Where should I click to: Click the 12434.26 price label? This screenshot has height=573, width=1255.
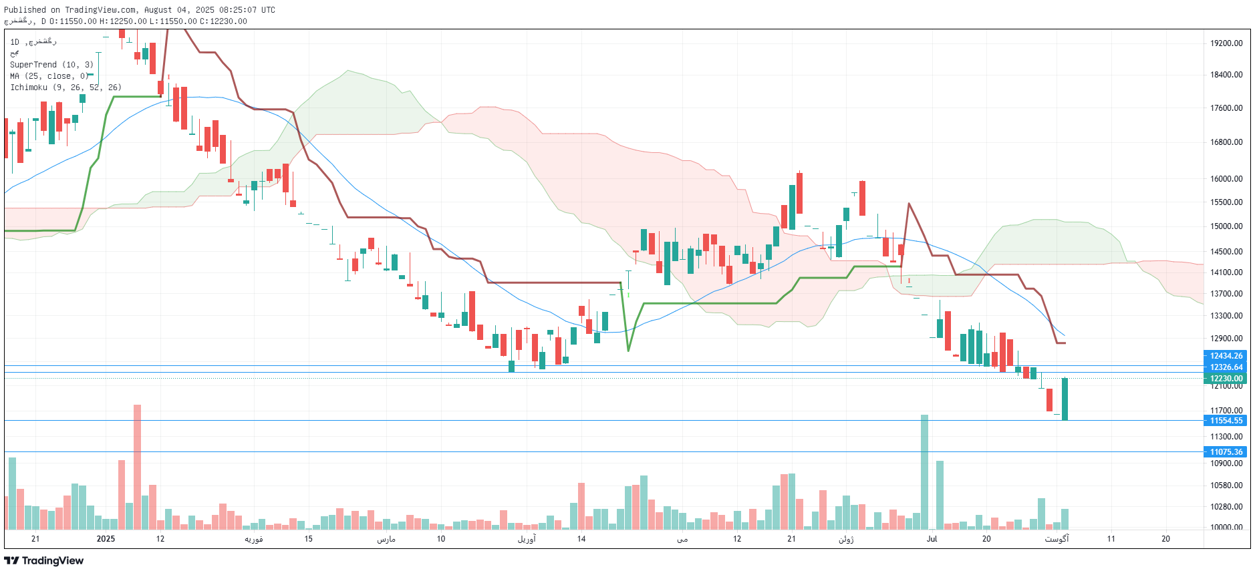coord(1226,356)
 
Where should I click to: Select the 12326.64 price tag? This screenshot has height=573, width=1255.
coord(1226,367)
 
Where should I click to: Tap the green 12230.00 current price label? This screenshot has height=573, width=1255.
coord(1226,379)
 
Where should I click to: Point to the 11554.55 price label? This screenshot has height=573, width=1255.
coord(1226,421)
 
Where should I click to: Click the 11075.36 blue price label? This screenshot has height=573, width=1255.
coord(1226,452)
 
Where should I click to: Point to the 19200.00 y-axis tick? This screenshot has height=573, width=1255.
coord(1226,43)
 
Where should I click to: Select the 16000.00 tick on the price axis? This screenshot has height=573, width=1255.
coord(1226,179)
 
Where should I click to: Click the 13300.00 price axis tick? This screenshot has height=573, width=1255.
coord(1226,316)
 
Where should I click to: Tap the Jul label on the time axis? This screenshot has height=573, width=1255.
coord(932,539)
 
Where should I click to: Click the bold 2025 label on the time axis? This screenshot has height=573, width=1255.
coord(106,539)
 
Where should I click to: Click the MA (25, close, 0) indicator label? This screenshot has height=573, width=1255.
coord(49,76)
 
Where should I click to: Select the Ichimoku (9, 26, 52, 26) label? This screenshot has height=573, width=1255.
coord(65,87)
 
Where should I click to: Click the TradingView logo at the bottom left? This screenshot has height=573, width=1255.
coord(44,560)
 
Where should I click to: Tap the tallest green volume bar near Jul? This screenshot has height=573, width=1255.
coord(924,471)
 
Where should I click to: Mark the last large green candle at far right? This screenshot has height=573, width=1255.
coord(1065,399)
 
